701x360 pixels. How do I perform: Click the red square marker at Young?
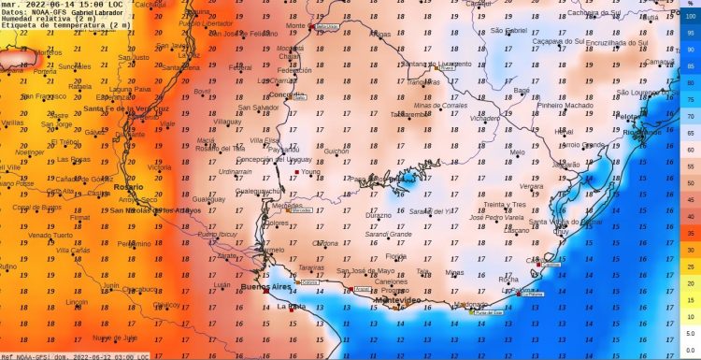point(296,173)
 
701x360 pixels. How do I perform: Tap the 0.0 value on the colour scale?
point(691,349)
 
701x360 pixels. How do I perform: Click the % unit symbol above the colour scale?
point(691,5)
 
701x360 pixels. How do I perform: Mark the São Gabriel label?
point(510,30)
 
